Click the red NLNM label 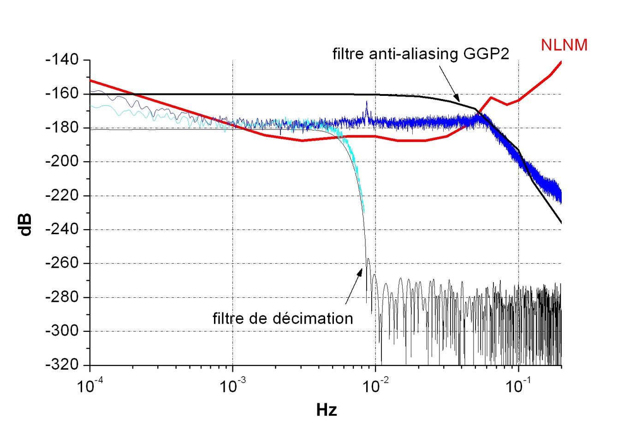(x=564, y=45)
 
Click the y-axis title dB (x=26, y=224)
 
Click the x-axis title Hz (x=327, y=410)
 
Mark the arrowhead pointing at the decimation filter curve (x=360, y=271)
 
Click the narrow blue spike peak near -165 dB (x=367, y=102)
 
